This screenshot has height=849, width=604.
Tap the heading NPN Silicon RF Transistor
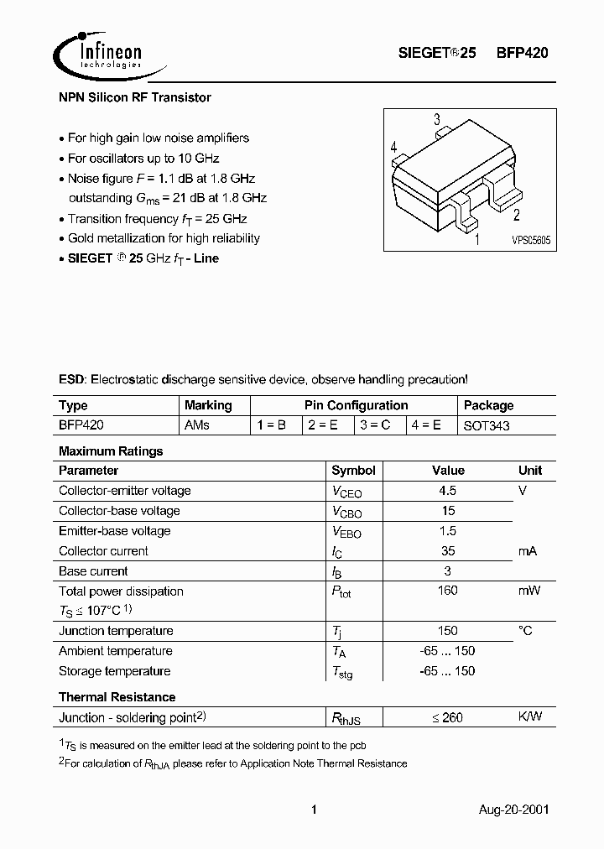click(135, 97)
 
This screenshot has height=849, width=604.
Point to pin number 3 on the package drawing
click(437, 120)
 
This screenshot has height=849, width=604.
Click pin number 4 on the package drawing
click(393, 148)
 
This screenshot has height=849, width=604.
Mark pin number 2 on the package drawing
click(517, 213)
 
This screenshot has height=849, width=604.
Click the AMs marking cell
click(196, 425)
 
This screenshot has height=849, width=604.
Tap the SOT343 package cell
click(487, 426)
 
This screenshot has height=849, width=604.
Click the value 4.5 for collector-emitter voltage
click(448, 491)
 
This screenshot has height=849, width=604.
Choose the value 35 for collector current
click(448, 551)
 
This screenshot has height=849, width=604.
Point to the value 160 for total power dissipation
click(448, 591)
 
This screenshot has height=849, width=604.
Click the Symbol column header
click(353, 471)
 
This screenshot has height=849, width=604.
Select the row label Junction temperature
click(116, 631)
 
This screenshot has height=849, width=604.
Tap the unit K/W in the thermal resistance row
click(530, 716)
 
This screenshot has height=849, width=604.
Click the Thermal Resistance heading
click(117, 697)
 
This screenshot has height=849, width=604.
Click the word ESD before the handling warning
click(72, 379)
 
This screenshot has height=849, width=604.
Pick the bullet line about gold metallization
click(164, 238)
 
